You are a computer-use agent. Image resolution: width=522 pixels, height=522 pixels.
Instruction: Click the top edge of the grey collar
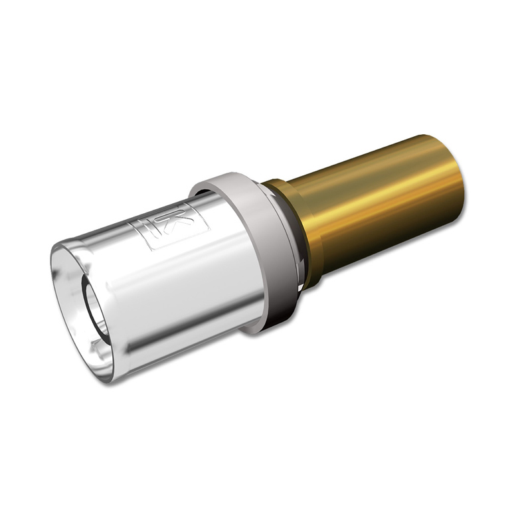click(x=226, y=177)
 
